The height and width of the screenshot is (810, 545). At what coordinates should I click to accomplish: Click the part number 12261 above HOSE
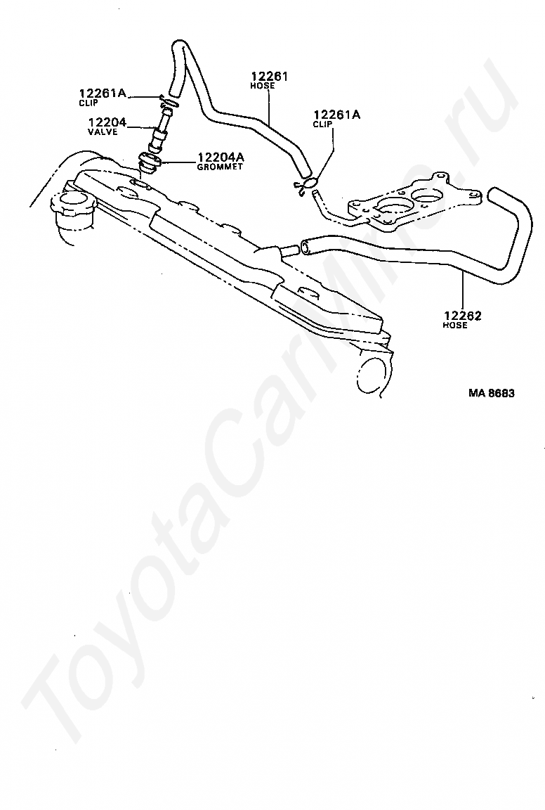point(270,76)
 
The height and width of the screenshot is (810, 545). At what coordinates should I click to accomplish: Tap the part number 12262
point(461,316)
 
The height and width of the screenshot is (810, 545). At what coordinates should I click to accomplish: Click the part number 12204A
point(221,157)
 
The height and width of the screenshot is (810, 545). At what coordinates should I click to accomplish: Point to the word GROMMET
point(220,167)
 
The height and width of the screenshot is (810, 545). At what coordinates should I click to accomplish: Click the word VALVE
point(103,132)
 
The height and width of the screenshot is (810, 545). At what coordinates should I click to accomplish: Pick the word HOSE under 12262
point(455,326)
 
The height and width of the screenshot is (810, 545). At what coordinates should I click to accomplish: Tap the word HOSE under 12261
point(263,86)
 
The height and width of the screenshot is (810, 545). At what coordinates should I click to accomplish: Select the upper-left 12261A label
point(102,94)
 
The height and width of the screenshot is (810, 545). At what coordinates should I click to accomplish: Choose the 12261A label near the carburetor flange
point(336,115)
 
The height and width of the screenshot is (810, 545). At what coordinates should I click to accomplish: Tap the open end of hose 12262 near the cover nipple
point(306,245)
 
